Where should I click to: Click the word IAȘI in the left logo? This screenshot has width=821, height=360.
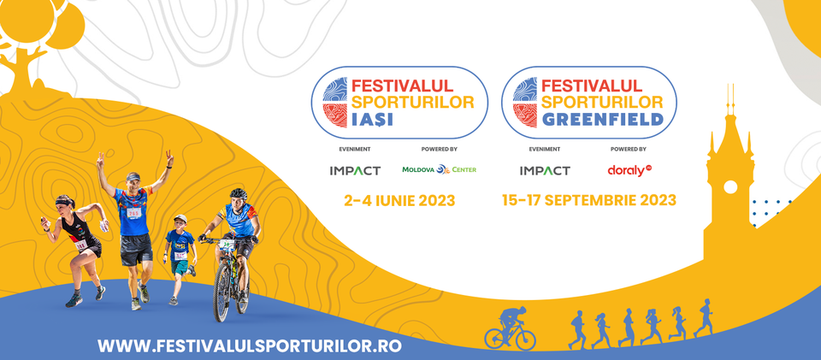point(372,120)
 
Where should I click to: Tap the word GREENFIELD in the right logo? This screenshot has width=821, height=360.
point(603,120)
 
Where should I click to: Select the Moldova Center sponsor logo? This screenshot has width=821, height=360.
point(440,169)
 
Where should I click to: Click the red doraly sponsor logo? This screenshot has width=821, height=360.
point(629,170)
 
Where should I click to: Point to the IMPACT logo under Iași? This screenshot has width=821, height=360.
point(355,170)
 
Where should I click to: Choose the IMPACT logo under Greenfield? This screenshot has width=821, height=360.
point(545,170)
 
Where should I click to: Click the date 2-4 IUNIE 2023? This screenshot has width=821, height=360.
point(399,201)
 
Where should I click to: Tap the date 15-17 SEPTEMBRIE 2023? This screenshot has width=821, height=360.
point(589,200)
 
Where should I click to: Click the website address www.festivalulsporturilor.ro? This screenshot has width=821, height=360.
point(250,345)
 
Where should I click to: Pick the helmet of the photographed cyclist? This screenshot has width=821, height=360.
point(239,193)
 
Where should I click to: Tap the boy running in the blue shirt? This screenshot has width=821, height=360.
point(179,259)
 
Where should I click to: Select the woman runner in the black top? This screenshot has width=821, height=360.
point(76,250)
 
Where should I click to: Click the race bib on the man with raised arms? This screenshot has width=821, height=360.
point(134,212)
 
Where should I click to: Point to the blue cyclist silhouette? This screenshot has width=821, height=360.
point(510,328)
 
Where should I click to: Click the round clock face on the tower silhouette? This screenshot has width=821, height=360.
point(729,186)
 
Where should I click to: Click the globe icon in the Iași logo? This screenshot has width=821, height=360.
point(335,103)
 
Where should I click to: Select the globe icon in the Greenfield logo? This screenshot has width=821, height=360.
point(525,103)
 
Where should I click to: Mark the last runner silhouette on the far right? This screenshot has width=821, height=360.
point(704,317)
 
